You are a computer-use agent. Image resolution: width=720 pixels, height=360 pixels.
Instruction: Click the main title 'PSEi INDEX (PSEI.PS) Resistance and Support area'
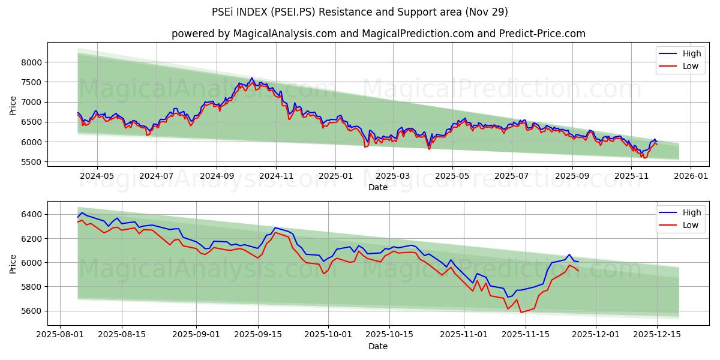pyautogui.click(x=360, y=12)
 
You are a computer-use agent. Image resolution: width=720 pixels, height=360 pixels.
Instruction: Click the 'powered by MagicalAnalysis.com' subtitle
pyautogui.click(x=378, y=34)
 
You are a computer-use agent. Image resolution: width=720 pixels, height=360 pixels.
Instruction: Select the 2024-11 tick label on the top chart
pyautogui.click(x=276, y=176)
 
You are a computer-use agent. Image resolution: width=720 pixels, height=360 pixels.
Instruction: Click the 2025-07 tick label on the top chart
pyautogui.click(x=511, y=176)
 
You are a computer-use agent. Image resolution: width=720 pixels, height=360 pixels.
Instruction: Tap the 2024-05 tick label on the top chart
pyautogui.click(x=97, y=176)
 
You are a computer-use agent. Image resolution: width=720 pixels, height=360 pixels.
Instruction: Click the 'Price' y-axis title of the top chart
pyautogui.click(x=13, y=106)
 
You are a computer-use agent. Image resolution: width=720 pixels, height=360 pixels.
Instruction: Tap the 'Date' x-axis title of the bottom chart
pyautogui.click(x=378, y=346)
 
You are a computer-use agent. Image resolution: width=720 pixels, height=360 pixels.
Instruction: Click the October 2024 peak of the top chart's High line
pyautogui.click(x=252, y=78)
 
